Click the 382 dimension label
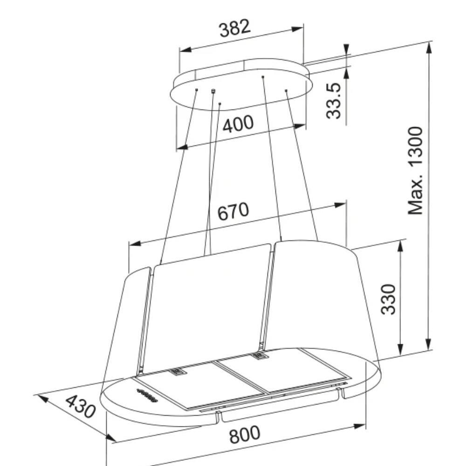point(235,28)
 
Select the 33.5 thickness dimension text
point(333,101)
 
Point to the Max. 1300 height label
point(415,171)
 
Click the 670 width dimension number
point(233,211)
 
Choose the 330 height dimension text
point(389,299)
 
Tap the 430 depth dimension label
point(81,406)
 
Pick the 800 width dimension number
point(244,434)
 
